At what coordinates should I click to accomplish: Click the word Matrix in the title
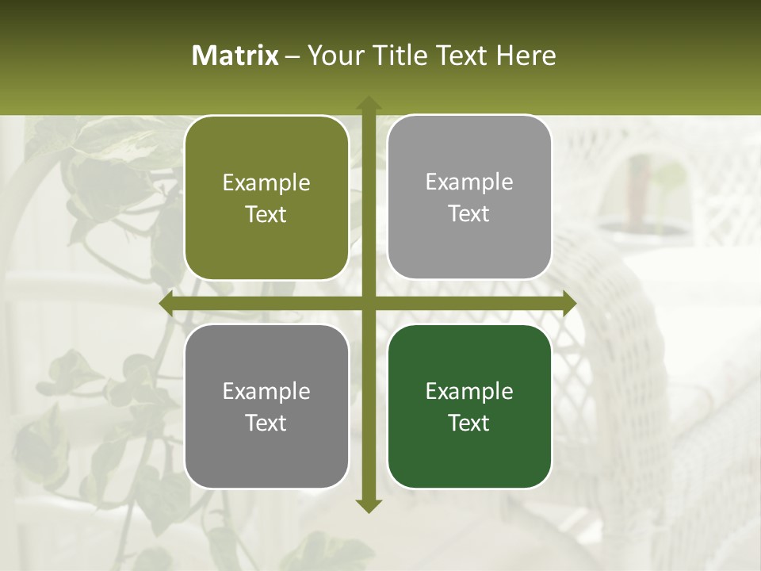pyautogui.click(x=235, y=56)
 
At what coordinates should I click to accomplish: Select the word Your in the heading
pyautogui.click(x=333, y=56)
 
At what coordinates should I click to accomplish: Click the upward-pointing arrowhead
pyautogui.click(x=368, y=103)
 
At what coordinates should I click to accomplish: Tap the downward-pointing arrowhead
pyautogui.click(x=368, y=505)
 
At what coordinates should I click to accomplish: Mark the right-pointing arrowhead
pyautogui.click(x=568, y=303)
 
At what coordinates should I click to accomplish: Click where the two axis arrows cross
pyautogui.click(x=368, y=303)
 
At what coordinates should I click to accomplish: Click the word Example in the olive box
pyautogui.click(x=266, y=183)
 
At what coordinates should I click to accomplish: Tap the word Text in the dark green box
pyautogui.click(x=469, y=423)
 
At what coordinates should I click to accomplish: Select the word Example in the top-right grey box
pyautogui.click(x=469, y=182)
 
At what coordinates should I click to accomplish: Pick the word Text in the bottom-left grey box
pyautogui.click(x=266, y=423)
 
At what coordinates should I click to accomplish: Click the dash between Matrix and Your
pyautogui.click(x=293, y=56)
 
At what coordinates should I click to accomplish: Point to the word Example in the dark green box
pyautogui.click(x=469, y=391)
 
